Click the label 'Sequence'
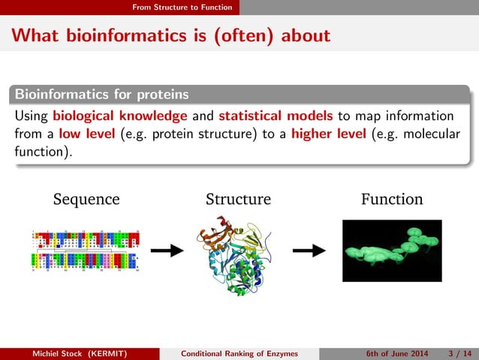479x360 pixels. [x=86, y=199]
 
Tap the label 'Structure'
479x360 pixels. [x=238, y=199]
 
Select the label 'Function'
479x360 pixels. [x=391, y=199]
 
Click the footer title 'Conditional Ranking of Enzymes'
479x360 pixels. [x=240, y=353]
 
